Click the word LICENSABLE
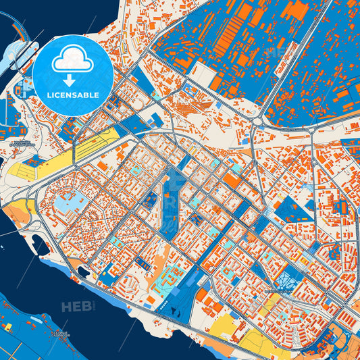point(73,95)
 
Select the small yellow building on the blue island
point(8,327)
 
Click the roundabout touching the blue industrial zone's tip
point(258,122)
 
